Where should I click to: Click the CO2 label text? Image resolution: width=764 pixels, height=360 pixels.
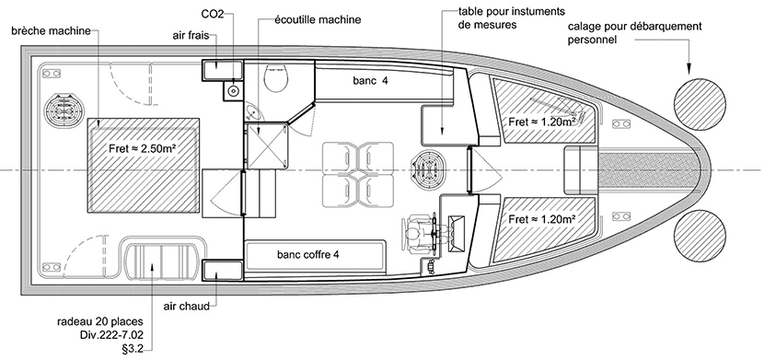[212, 14]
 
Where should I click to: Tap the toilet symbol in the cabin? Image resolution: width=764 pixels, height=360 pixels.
[277, 78]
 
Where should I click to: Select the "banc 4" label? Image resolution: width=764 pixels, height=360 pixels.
[370, 81]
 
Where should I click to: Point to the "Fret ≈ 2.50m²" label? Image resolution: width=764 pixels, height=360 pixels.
[142, 148]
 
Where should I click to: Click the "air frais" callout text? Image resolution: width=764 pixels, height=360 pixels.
[191, 36]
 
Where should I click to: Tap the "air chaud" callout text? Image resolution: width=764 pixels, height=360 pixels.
[187, 306]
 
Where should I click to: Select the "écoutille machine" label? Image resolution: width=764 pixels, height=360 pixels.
[318, 20]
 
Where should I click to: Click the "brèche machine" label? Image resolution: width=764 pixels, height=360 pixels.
[52, 31]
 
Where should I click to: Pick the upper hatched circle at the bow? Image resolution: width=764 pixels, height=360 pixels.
[700, 104]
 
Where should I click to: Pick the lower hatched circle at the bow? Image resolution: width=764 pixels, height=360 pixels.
[700, 237]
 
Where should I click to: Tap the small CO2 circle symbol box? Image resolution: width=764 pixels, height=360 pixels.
[234, 90]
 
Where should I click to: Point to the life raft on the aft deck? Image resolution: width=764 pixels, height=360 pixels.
[161, 258]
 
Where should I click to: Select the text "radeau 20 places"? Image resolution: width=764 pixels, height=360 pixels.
[100, 322]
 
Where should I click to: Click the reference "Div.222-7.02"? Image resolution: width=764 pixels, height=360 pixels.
[112, 336]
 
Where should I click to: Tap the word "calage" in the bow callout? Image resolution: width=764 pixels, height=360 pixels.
[583, 27]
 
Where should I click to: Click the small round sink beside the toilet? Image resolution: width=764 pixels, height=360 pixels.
[253, 112]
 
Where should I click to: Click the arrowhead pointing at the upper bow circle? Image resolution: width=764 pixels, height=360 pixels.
[689, 69]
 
